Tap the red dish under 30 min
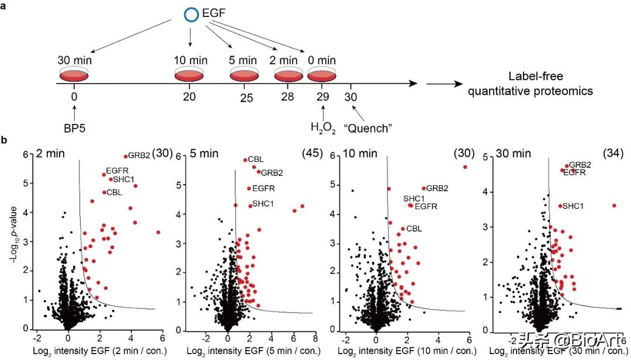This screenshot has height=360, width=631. coord(74,75)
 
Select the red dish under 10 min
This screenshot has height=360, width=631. coord(190,75)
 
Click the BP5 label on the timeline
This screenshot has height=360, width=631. coord(74,126)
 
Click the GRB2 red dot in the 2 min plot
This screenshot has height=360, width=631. coord(126,156)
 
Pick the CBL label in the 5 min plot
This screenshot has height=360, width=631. coord(255,159)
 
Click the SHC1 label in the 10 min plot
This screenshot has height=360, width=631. coord(414,199)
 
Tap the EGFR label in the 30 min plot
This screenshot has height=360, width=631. coord(574,172)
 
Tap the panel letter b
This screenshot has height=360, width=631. coord(5,141)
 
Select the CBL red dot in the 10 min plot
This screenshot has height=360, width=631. coord(403,229)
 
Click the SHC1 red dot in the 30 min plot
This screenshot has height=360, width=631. coord(560,206)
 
